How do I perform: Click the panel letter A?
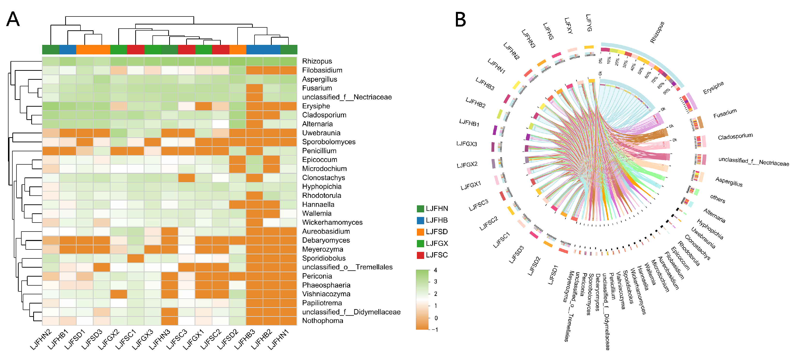coord(13,19)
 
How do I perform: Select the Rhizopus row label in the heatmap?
coord(317,61)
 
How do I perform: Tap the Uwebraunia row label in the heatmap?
coord(321,133)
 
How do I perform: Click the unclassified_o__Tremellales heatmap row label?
coord(347,267)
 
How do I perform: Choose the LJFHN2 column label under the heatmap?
coord(41,340)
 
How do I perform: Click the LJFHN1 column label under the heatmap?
coord(278,340)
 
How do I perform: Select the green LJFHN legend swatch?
coord(420,209)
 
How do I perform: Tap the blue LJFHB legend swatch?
coord(420,220)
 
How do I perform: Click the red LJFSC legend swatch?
coord(420,255)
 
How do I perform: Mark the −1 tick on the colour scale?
coord(435,330)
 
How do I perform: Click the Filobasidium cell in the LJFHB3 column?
coord(254,70)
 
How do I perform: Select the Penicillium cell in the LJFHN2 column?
coord(51,151)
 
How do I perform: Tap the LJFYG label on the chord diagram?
coord(589,23)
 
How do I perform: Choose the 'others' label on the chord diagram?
coord(717,199)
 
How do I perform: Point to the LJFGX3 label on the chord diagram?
coord(467,144)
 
